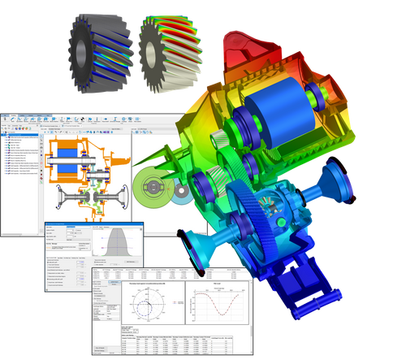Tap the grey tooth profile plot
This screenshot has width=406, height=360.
pos(118,242)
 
